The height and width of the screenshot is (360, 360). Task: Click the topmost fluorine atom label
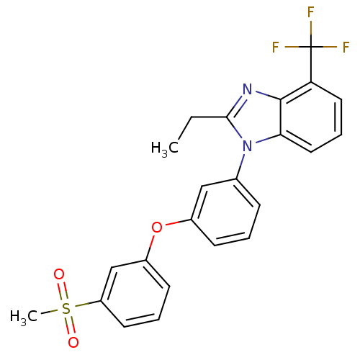pos(311,12)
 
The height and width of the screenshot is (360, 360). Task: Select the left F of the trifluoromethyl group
pos(276,47)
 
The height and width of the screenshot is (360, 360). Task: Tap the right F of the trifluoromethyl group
pos(346,47)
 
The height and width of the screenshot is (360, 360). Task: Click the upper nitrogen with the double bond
pos(247,89)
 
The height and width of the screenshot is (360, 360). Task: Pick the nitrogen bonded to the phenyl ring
pos(247,146)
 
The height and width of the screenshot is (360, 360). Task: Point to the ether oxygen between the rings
pos(157,227)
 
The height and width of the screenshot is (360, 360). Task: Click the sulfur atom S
pos(66,308)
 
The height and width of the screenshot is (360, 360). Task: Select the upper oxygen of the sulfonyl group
pos(59,274)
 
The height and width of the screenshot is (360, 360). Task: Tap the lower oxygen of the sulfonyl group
pos(73,343)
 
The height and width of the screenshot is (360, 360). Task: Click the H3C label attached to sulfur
pos(24,316)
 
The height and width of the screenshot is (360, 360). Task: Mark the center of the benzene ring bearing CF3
pos(311,117)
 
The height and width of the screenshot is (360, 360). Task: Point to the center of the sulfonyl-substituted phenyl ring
pos(135,294)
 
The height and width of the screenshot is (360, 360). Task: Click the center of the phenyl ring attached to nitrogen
pos(225,212)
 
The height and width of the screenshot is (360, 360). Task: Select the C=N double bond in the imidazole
pos(235,105)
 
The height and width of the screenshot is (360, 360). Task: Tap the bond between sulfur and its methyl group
pos(49,312)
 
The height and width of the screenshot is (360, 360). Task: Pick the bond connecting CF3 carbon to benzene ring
pos(311,64)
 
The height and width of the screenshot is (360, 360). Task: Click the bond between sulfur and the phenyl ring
pos(88,304)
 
